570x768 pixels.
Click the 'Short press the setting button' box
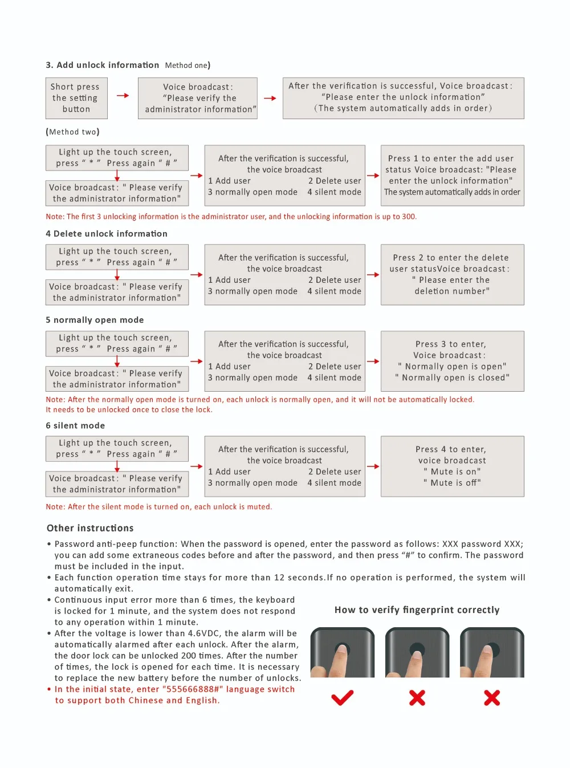tap(76, 98)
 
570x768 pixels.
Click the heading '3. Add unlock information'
tap(103, 65)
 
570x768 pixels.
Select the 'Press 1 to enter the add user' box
tap(452, 175)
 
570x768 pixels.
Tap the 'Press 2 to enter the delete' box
tap(452, 274)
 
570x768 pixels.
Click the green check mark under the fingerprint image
tap(342, 697)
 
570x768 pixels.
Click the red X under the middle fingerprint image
tap(417, 697)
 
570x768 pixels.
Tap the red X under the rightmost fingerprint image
tap(492, 697)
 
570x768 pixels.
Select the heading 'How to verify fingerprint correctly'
tap(417, 610)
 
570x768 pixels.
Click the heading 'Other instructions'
tap(90, 528)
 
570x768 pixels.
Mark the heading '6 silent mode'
tap(75, 425)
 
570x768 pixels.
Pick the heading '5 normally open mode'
tap(95, 320)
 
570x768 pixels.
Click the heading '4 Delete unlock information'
tap(107, 234)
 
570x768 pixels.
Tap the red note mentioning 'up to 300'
tap(231, 217)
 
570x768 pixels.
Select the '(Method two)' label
tap(72, 132)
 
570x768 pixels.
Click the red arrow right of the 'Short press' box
tap(123, 96)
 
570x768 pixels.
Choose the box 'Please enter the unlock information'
tap(403, 98)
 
